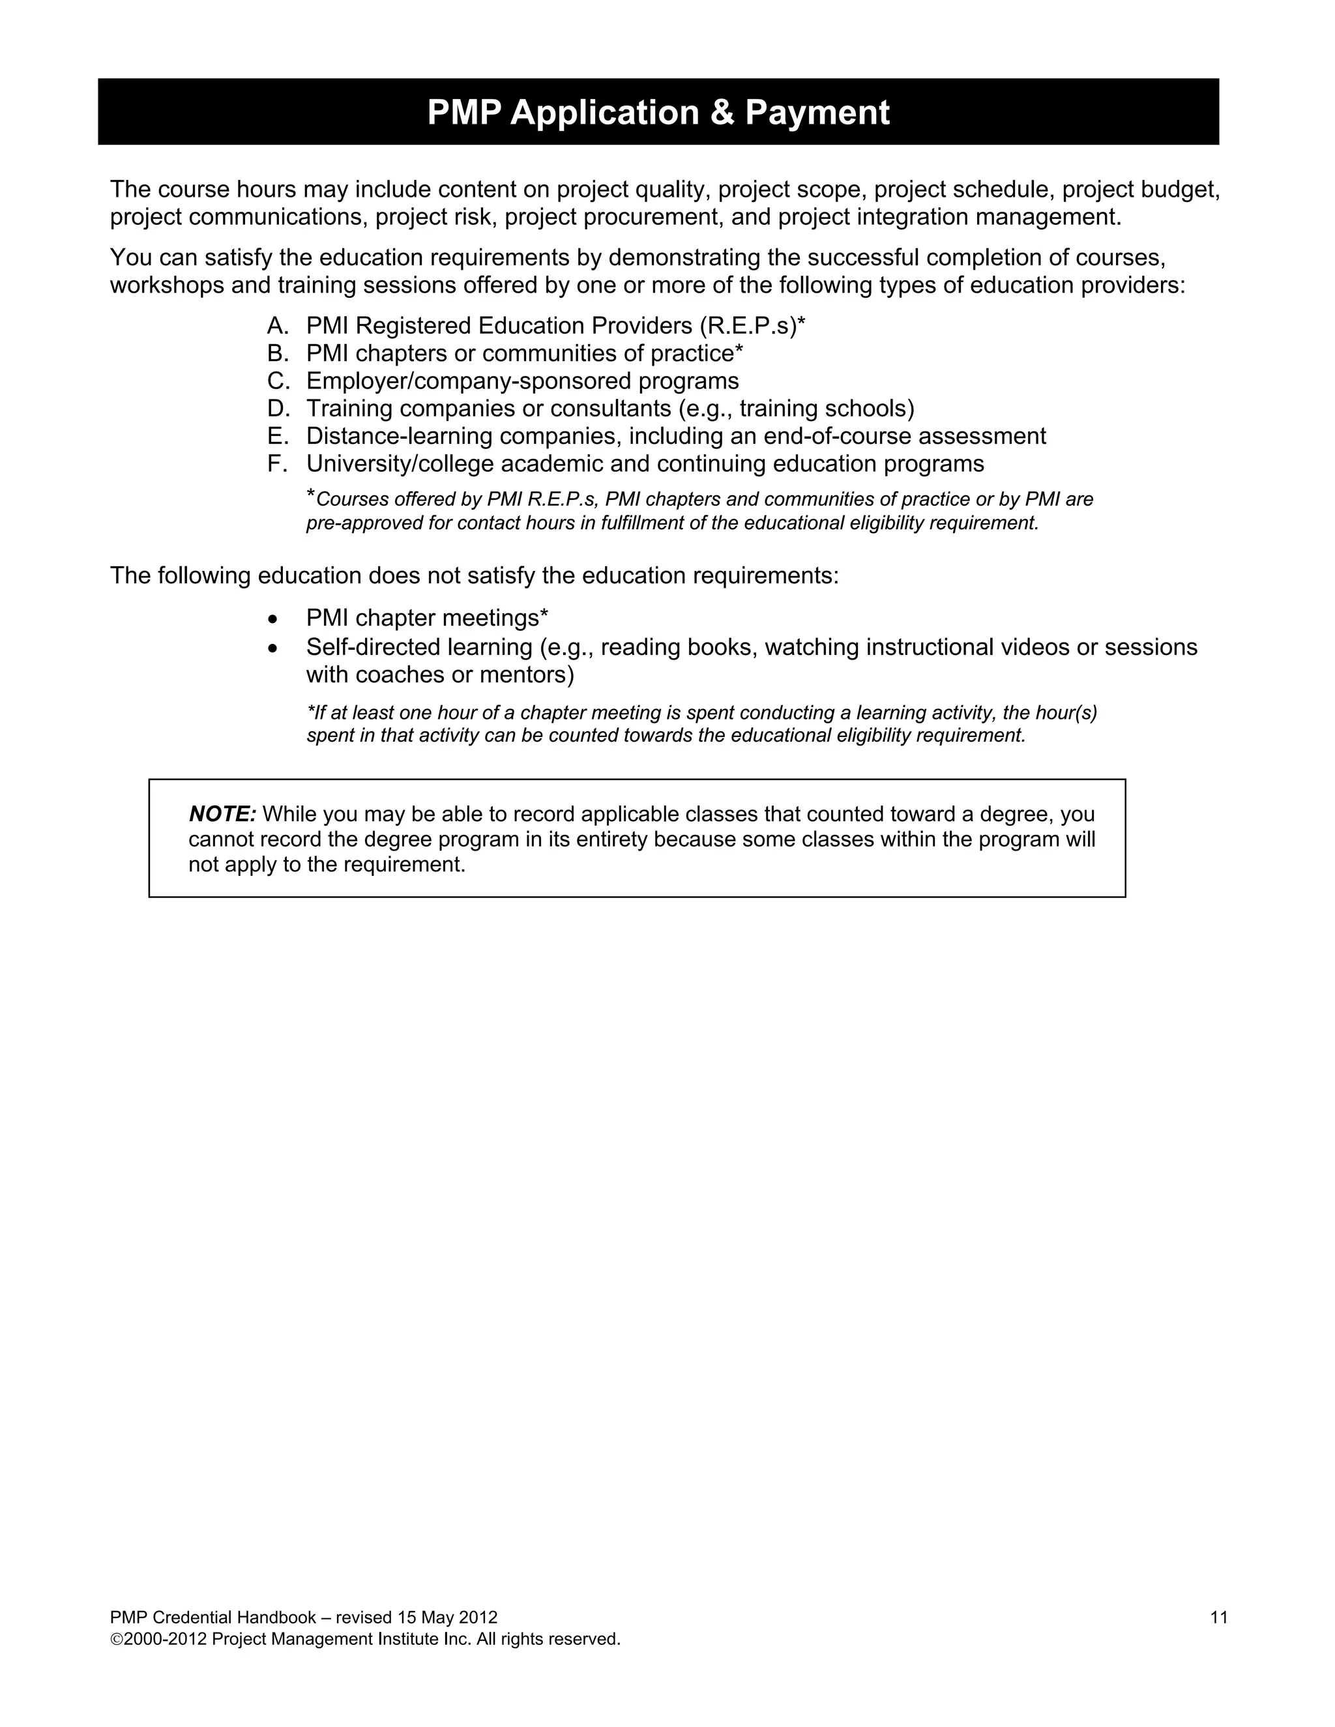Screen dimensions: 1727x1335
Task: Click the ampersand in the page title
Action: point(722,112)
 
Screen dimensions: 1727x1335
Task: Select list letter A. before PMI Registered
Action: point(277,326)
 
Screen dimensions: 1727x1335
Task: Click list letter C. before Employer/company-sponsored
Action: point(278,381)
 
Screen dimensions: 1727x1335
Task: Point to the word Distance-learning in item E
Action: point(400,437)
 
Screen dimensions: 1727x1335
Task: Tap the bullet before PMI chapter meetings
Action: point(274,618)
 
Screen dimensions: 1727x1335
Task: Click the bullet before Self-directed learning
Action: point(274,648)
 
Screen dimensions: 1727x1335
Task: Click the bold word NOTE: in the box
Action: point(222,814)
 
